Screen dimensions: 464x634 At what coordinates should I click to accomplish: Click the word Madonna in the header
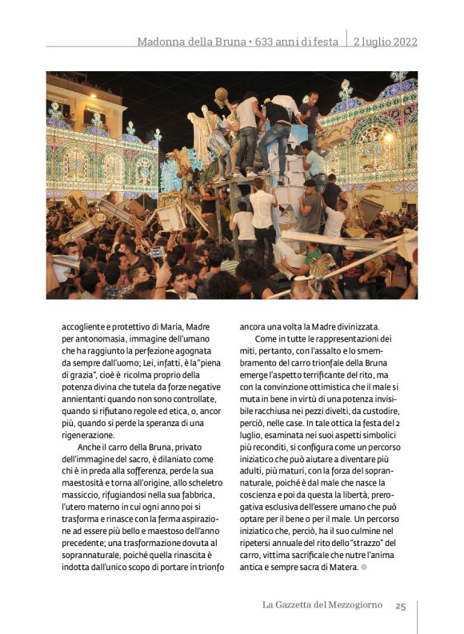(162, 42)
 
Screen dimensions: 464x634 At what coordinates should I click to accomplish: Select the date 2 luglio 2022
(386, 42)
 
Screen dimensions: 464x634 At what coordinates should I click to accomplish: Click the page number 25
(400, 605)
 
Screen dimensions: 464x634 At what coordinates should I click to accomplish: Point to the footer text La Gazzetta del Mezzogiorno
(322, 605)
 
